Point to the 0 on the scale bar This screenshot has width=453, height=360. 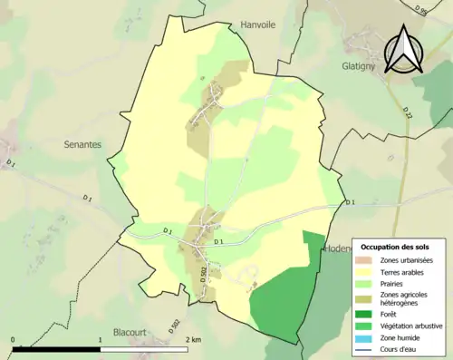[x=14, y=340]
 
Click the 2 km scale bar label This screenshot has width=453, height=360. [x=192, y=340]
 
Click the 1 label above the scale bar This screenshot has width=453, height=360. [x=100, y=340]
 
